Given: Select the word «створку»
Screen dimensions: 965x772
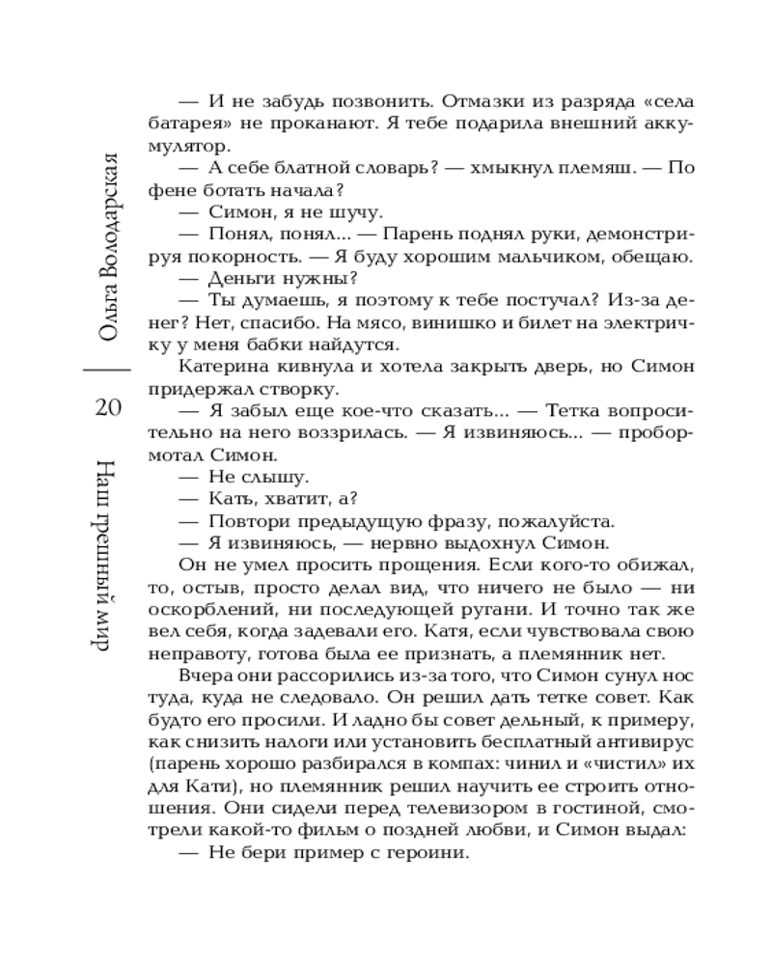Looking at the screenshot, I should (291, 389).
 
